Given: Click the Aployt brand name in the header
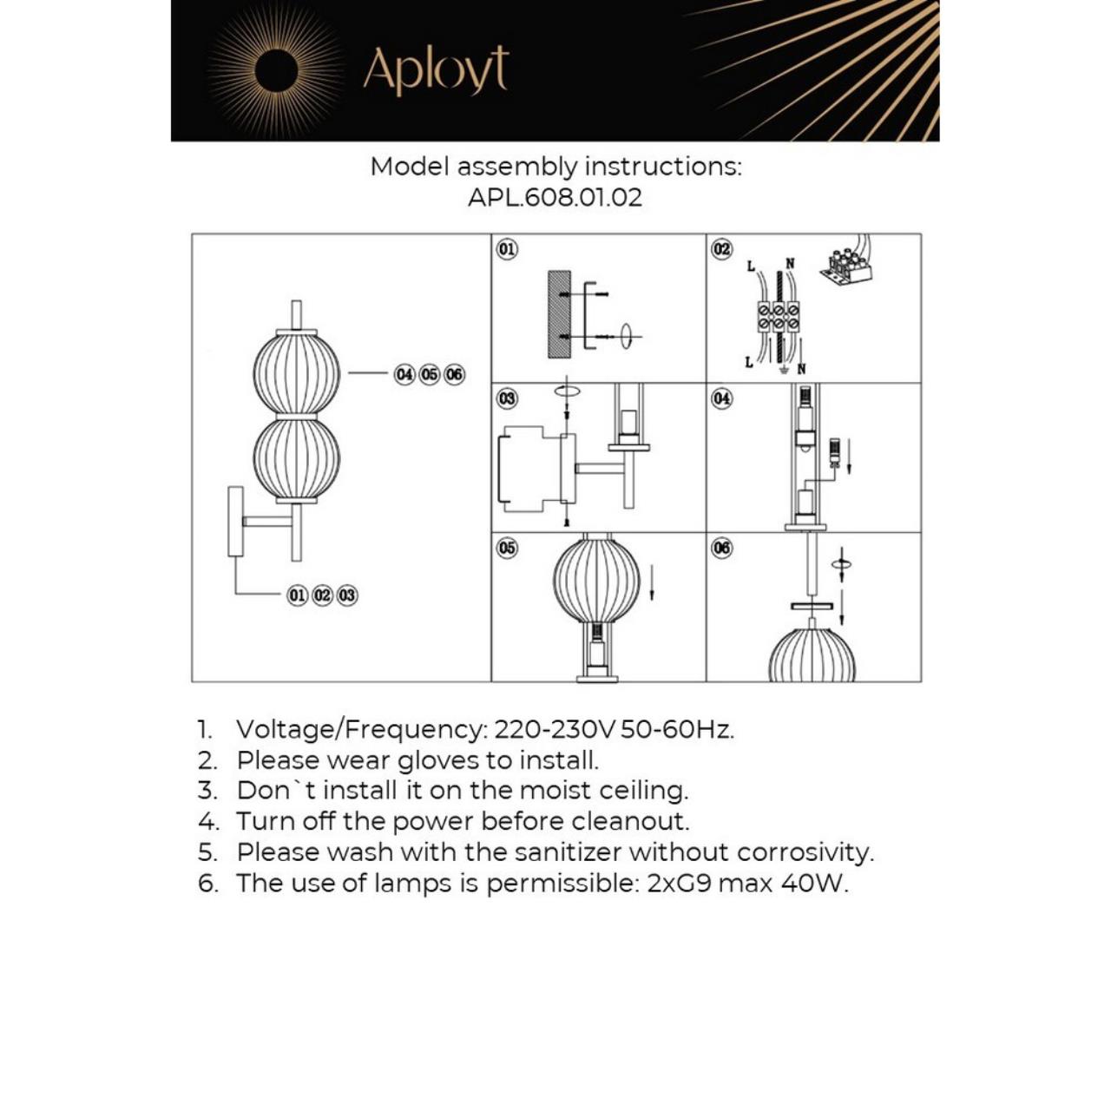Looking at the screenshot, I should click(435, 70).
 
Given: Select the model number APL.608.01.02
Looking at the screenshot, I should click(555, 197).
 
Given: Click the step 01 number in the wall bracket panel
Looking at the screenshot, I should click(507, 249).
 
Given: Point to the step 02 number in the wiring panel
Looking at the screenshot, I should click(721, 249).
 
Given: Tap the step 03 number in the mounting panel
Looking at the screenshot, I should click(507, 398).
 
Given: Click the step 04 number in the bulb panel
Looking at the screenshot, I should click(721, 398).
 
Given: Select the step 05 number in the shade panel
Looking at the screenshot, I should click(507, 548).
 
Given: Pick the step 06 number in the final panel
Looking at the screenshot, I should click(721, 548).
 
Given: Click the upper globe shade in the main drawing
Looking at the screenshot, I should click(296, 373).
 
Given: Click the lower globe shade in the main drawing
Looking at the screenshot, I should click(296, 458).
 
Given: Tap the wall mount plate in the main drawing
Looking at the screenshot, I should click(235, 521).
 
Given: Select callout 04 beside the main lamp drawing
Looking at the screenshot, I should click(404, 374).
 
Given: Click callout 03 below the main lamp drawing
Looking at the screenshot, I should click(347, 595).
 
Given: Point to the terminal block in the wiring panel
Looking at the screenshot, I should click(779, 316).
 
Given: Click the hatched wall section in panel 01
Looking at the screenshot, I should click(559, 314).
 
